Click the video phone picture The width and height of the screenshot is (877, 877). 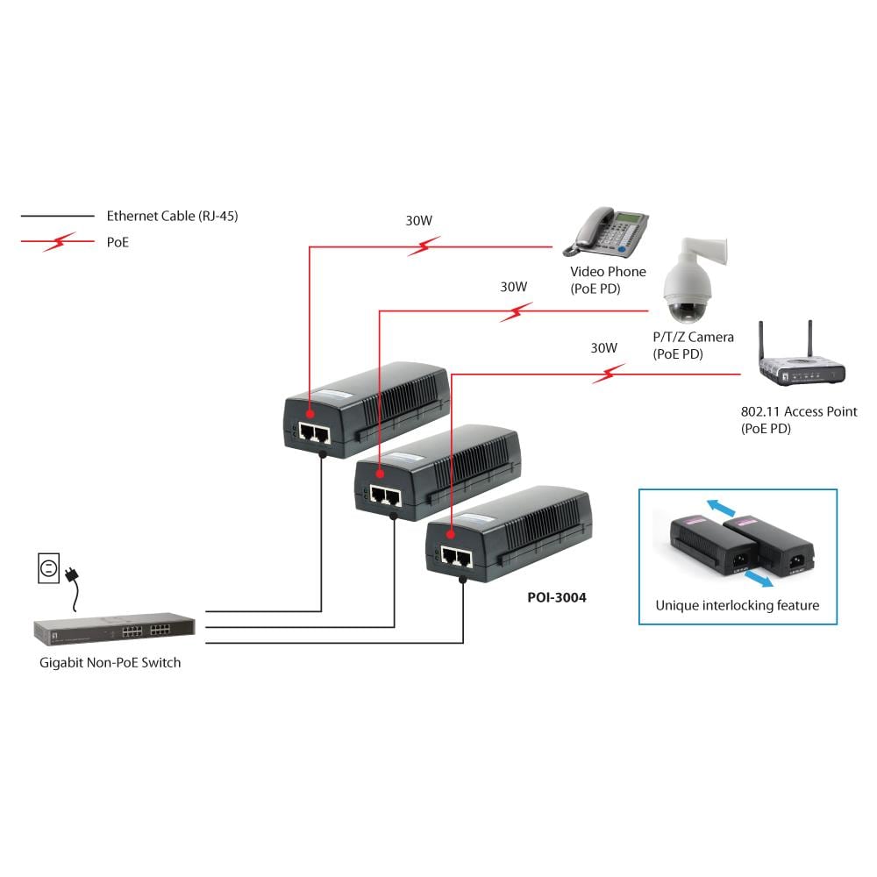coord(611,230)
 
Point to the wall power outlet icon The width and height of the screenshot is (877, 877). coord(49,567)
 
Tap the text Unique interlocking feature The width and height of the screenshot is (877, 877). coord(737,605)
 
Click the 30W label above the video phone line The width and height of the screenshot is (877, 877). coord(418,221)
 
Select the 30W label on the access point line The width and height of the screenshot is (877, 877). coord(603,347)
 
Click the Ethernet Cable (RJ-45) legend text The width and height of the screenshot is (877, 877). coord(172,216)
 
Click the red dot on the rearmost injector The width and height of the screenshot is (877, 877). coord(310,411)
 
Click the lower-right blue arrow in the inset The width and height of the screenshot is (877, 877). coord(761,580)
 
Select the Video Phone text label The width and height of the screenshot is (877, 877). coord(608,272)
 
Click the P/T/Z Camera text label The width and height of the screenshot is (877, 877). coord(693,337)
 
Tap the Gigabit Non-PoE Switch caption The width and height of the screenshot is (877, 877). coord(110,663)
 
